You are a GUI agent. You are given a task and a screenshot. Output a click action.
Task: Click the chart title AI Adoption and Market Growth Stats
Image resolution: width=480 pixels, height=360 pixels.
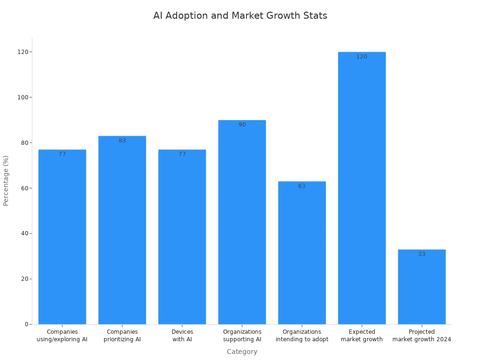point(240,15)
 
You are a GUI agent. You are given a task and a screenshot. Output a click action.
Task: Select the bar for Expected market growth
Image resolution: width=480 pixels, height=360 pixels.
point(362,187)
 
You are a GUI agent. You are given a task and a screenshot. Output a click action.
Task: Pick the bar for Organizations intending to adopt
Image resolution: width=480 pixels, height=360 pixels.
point(302,253)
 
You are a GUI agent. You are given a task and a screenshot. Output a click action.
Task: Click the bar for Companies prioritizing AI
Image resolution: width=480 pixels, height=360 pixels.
point(122,230)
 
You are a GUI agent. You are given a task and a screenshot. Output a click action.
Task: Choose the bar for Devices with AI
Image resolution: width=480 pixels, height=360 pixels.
point(182,237)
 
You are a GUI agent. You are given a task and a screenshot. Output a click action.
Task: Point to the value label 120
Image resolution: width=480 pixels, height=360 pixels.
point(362,57)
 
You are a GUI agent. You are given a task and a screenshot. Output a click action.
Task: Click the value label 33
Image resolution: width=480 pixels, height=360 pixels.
point(422,254)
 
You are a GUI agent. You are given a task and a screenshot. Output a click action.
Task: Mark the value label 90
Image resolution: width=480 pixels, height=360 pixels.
point(242,125)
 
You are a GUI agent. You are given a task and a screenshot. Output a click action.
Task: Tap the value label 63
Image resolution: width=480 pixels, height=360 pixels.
point(302,186)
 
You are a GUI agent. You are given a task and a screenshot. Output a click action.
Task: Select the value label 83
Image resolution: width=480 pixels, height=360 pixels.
point(122,141)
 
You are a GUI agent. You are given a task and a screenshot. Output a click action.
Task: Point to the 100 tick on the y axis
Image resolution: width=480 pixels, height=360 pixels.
point(22,97)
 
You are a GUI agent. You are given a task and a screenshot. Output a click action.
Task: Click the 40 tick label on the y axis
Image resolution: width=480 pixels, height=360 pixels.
point(23,233)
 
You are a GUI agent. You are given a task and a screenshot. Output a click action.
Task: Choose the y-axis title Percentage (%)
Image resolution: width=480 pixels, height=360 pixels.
point(6,180)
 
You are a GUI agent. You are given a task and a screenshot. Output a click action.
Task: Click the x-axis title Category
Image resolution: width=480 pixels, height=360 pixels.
point(242,352)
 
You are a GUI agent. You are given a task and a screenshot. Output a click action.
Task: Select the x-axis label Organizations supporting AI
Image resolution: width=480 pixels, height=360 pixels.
point(242,336)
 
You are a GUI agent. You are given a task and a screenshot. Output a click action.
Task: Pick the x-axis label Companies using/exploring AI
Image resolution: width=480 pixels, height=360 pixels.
point(62,336)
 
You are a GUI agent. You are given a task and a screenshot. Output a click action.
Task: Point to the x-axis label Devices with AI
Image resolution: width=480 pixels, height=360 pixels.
point(182,336)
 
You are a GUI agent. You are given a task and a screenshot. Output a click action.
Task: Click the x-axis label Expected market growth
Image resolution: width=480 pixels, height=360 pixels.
point(362,336)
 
